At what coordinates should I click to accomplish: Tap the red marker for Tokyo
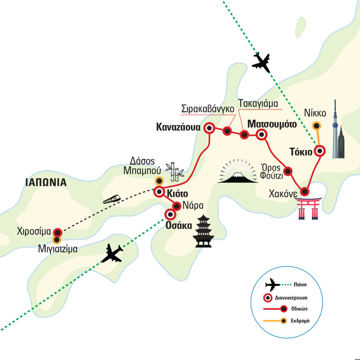click(x=320, y=151)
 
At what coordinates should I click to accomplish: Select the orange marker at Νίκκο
click(x=317, y=126)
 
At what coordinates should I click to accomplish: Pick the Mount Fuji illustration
click(x=238, y=171)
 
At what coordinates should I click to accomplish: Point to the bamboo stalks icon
click(x=175, y=172)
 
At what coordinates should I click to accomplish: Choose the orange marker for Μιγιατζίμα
click(x=57, y=239)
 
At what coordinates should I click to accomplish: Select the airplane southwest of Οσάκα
click(x=112, y=253)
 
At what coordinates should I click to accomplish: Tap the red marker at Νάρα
click(x=176, y=206)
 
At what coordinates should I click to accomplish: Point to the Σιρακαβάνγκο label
click(x=207, y=109)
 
